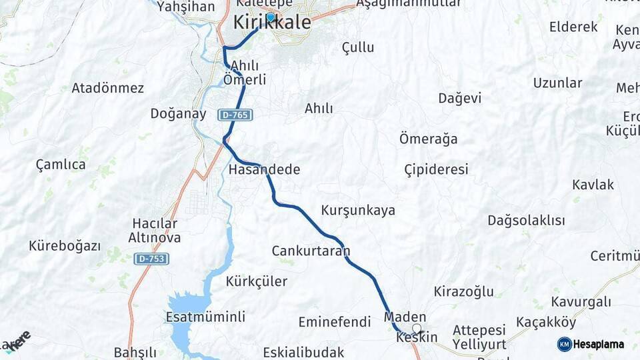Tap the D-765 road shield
point(235,115)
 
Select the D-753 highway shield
point(151,259)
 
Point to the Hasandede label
point(264,169)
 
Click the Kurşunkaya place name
point(358,211)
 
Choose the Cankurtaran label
point(311,251)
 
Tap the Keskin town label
point(417,337)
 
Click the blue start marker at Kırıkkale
point(271,18)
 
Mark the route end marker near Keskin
point(417,329)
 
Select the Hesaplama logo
point(591,344)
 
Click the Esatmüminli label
point(205,317)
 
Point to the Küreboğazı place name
point(65,246)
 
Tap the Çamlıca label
point(61,165)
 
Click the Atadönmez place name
point(108,88)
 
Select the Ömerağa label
point(428,139)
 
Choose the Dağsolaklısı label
point(526,221)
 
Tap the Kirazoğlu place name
point(463,291)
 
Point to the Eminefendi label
point(334,322)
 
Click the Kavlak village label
point(593,185)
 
